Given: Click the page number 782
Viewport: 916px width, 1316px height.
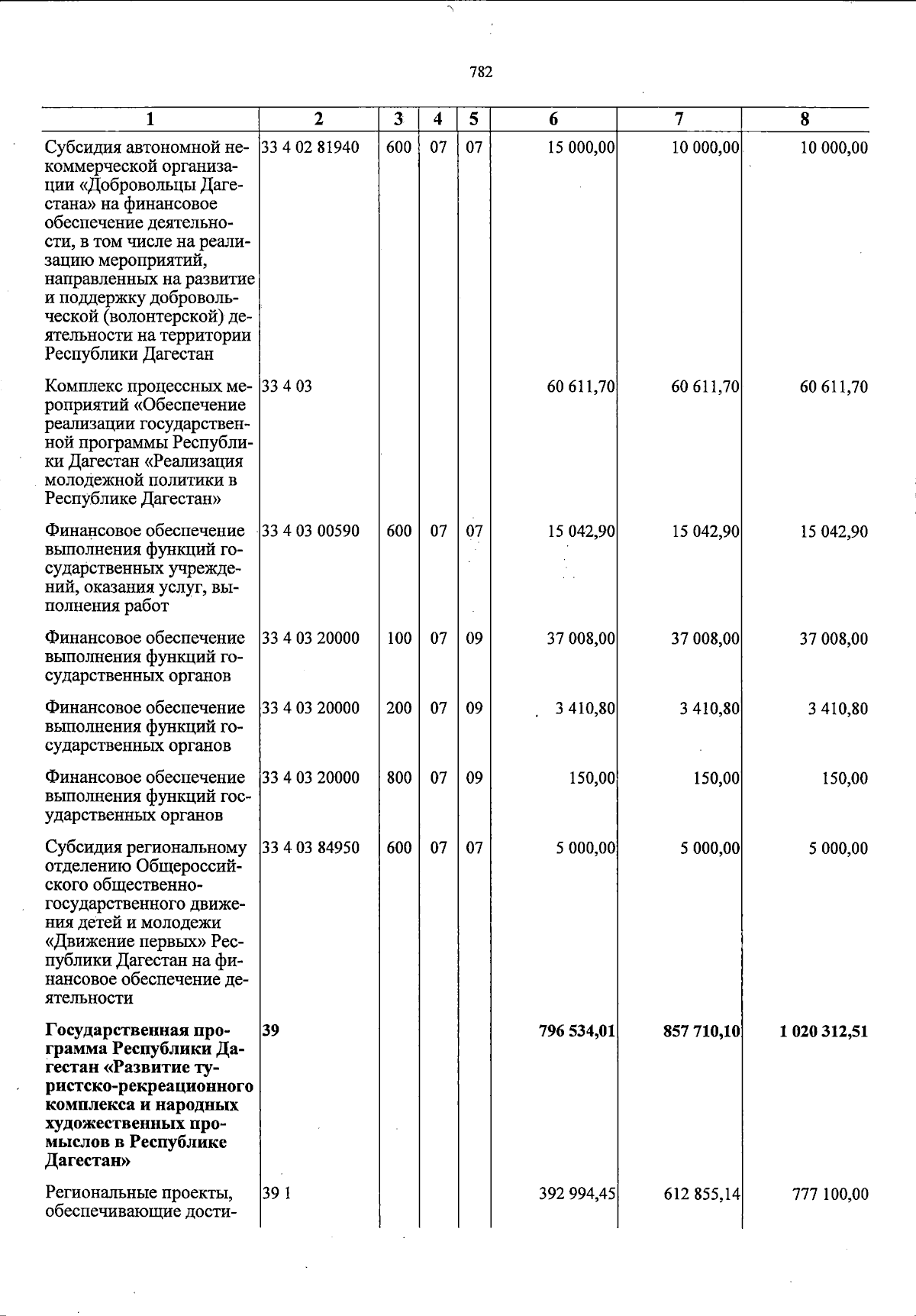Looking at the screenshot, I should [481, 73].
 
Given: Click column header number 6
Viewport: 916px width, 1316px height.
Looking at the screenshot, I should [553, 119].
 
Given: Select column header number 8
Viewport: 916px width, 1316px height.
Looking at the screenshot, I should [805, 119].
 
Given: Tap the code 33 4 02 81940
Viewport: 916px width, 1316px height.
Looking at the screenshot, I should [310, 147].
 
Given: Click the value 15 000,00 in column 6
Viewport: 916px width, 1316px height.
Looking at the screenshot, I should [581, 147].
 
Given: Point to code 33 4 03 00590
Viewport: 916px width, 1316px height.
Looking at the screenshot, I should [310, 531].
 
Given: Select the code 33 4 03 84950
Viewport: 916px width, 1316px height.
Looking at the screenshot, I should [310, 848].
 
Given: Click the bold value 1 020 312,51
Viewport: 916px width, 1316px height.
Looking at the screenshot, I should [824, 1031].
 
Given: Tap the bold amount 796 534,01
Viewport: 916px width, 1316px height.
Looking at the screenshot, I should [577, 1031].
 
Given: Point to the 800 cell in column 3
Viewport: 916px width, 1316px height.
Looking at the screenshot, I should [398, 778].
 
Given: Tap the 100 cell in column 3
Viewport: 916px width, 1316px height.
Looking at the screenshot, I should [398, 639].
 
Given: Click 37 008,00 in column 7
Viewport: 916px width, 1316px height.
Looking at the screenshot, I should [705, 639].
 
